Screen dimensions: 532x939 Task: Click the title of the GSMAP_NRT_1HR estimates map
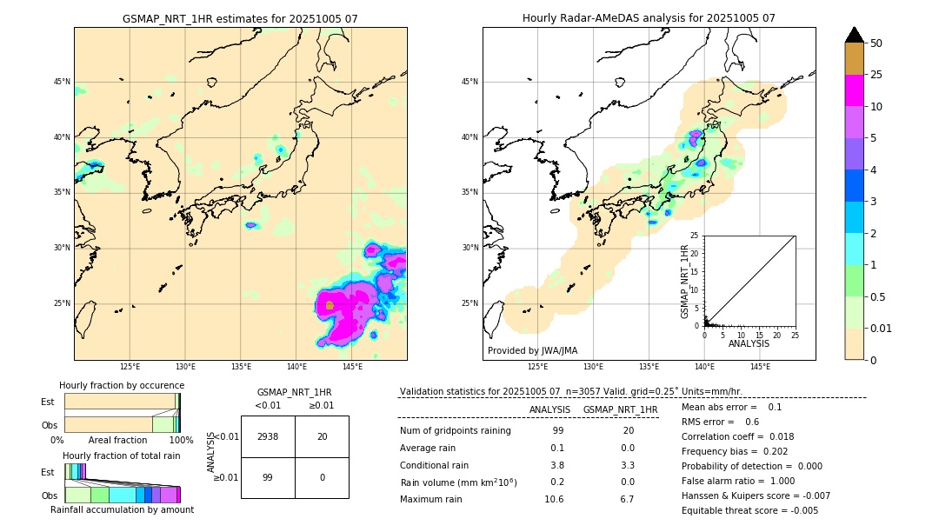click(x=240, y=18)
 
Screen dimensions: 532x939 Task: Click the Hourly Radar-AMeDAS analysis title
click(x=649, y=18)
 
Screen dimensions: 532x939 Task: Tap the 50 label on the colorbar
click(x=877, y=43)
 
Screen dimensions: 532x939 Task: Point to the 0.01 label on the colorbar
click(x=882, y=328)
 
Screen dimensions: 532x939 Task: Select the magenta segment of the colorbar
click(x=854, y=90)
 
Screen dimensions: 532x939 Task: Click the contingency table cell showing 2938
click(x=268, y=436)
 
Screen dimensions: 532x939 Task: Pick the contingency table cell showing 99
click(x=268, y=477)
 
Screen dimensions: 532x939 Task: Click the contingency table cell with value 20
click(x=322, y=436)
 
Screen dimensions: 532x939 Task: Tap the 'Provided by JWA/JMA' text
click(x=532, y=350)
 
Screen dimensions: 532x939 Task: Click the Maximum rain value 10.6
click(x=554, y=499)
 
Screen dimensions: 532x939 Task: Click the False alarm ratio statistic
click(x=739, y=481)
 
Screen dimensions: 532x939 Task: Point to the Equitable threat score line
click(x=749, y=510)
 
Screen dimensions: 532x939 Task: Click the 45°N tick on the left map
click(x=62, y=82)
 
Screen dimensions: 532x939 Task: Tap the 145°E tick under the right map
click(x=760, y=367)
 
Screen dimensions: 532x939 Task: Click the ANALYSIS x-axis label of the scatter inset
click(x=749, y=343)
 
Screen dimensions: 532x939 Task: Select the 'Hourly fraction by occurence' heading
click(x=122, y=385)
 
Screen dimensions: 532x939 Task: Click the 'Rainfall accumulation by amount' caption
click(x=122, y=509)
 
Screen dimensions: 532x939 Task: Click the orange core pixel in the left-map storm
click(x=330, y=305)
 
